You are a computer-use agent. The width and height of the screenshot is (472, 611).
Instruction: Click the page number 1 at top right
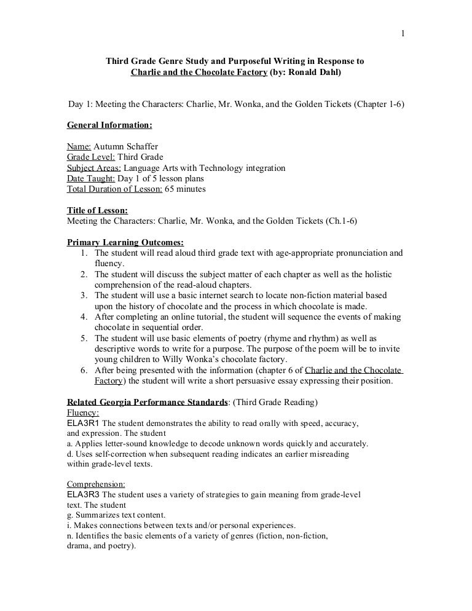403,16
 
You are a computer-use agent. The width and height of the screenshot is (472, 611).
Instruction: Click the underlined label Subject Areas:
94,168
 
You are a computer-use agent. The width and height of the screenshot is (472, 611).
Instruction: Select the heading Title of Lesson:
97,211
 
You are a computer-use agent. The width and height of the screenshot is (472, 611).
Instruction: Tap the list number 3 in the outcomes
83,296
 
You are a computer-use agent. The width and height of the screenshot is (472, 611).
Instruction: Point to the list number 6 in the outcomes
83,371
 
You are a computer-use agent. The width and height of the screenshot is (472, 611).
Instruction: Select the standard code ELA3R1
82,424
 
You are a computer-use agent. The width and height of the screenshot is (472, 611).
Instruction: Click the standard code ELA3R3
82,494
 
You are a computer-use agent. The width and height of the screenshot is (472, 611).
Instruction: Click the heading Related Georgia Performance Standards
147,402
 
